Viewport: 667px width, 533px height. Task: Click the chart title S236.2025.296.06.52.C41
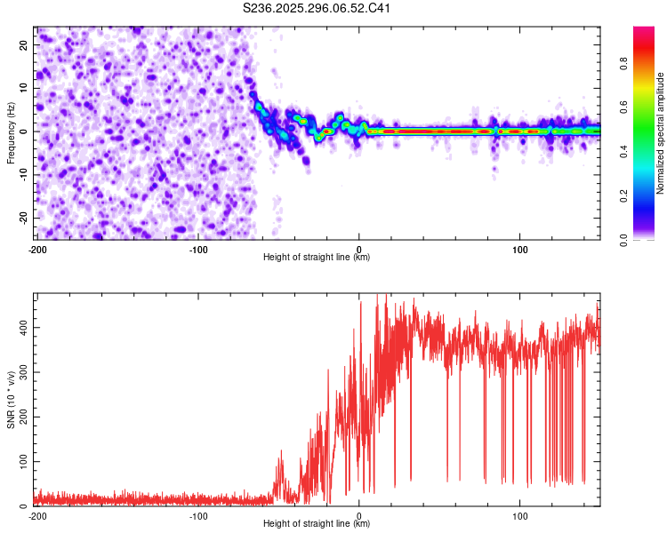(317, 9)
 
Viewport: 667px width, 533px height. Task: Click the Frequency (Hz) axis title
(11, 132)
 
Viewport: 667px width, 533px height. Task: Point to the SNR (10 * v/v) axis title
(11, 400)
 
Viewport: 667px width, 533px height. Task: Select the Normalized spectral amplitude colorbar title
(661, 133)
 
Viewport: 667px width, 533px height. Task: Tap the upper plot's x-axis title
(317, 257)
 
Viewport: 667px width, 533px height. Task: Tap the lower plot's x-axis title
(317, 523)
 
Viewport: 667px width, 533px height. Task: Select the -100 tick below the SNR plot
(197, 515)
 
